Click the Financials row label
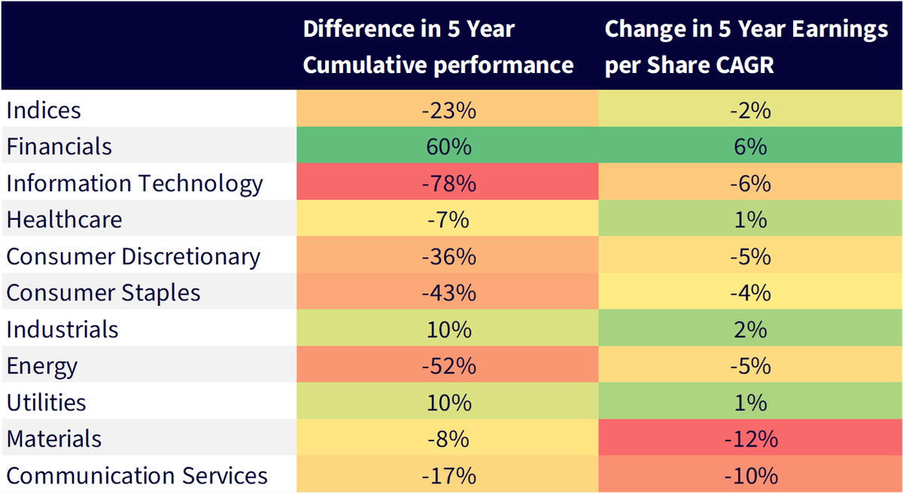[59, 146]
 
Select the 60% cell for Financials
[448, 146]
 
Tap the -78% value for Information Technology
[448, 183]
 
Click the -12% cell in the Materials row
[751, 439]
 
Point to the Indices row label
[44, 110]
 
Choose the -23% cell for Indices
[448, 110]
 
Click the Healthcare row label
[64, 219]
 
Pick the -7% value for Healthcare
[448, 220]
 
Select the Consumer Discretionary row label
[133, 257]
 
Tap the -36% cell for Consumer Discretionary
[448, 257]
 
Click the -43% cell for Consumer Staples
[448, 293]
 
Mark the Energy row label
[42, 367]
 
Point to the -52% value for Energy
[448, 366]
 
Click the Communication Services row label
[137, 475]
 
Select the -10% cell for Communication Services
[751, 475]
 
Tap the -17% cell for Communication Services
[448, 475]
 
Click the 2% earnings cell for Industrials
[751, 330]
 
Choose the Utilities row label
[47, 402]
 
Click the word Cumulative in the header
[364, 65]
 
